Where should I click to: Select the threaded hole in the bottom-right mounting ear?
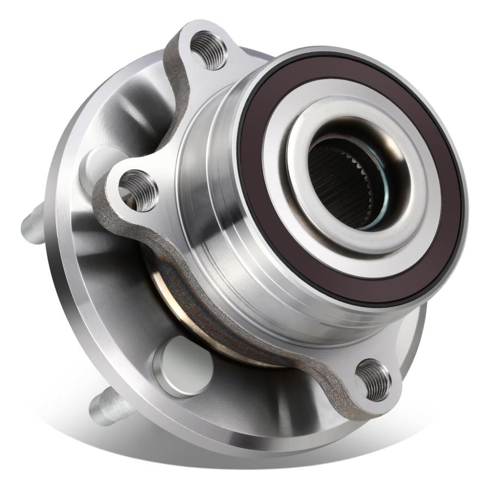coord(374,379)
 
